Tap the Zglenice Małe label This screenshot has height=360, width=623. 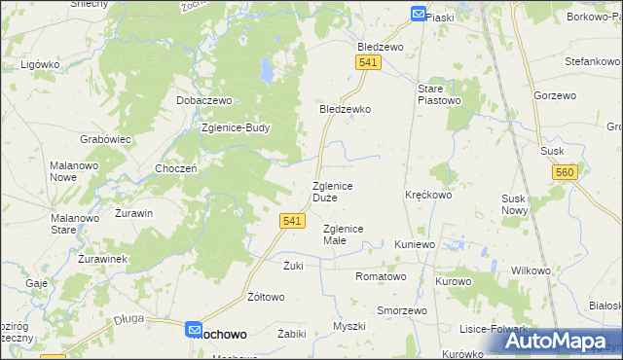[343, 234]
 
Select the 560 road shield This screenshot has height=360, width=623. [564, 172]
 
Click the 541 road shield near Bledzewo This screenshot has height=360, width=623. [367, 62]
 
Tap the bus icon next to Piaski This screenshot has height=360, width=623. [418, 15]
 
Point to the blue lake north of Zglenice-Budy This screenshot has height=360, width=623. [264, 71]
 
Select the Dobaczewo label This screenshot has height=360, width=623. [202, 100]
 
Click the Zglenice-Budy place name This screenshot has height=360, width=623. [235, 127]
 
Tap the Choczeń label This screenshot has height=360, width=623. [177, 168]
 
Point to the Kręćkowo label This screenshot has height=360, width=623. [428, 195]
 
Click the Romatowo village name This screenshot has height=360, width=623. [381, 276]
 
